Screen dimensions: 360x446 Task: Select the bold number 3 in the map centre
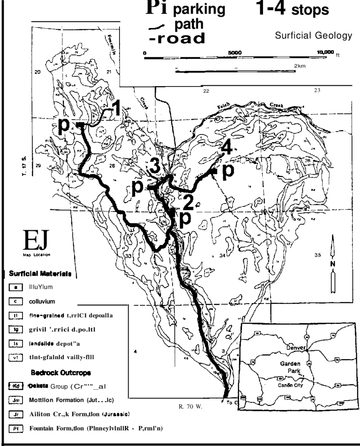coord(155,167)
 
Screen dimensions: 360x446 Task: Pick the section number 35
coord(319,255)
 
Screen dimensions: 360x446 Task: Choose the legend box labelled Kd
coord(15,386)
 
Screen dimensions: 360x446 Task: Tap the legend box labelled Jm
coord(15,400)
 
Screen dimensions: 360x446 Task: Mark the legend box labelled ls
coord(15,343)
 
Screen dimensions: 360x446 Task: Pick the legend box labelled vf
coord(15,357)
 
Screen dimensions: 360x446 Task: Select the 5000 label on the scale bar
coord(235,52)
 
